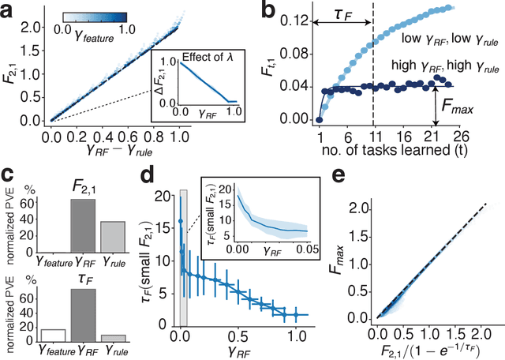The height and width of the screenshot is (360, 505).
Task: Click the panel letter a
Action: [9, 9]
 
